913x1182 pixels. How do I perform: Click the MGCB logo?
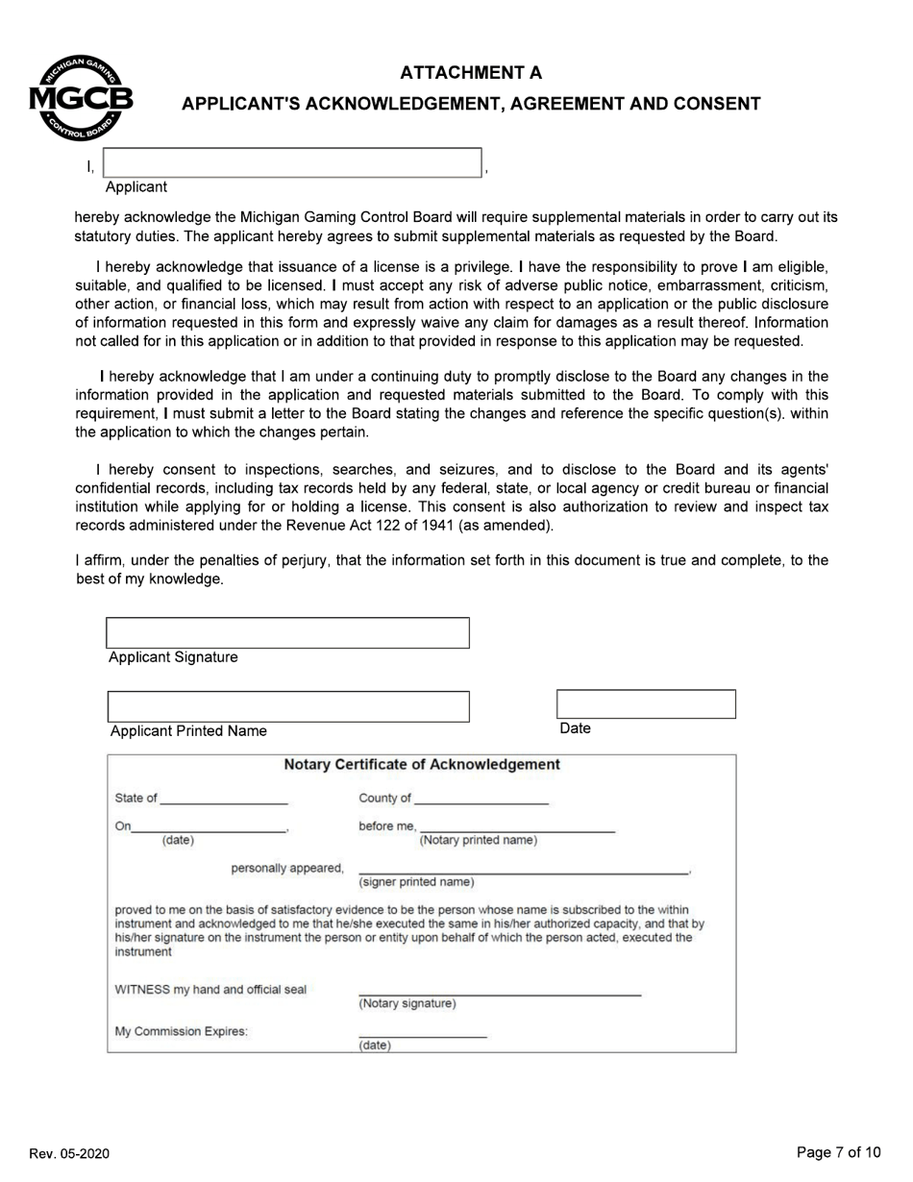(81, 99)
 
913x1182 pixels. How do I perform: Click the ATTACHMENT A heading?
(471, 73)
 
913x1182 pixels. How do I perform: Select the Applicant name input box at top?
(291, 162)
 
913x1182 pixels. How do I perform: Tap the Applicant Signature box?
(287, 633)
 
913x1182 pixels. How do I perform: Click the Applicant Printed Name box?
(288, 706)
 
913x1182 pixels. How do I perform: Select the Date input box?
(646, 704)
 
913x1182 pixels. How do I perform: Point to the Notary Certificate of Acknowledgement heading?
(421, 765)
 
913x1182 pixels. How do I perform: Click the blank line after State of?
(224, 800)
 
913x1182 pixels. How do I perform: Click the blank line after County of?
(481, 800)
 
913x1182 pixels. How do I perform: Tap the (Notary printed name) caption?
(478, 841)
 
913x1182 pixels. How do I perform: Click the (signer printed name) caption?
(416, 882)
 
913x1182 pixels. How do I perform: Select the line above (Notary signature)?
(499, 994)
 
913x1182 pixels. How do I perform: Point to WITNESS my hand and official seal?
(210, 990)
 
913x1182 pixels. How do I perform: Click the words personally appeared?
(286, 869)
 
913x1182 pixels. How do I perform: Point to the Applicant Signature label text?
(173, 657)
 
